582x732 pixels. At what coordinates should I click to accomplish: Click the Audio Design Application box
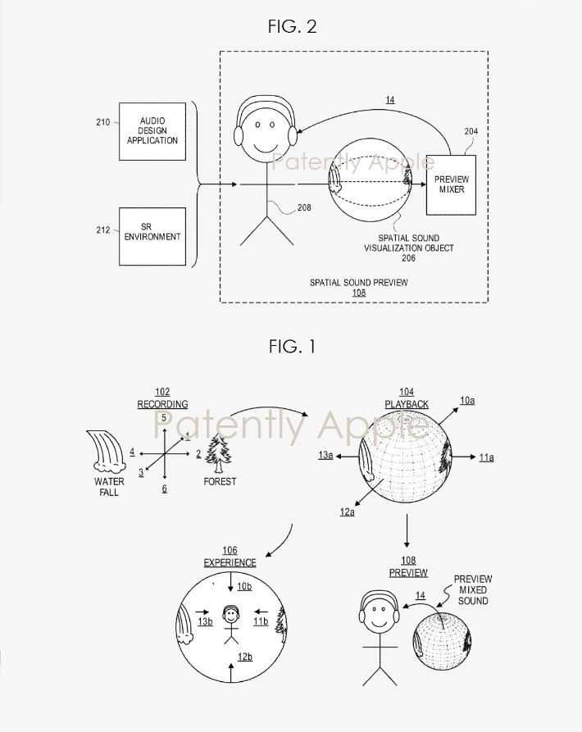pyautogui.click(x=152, y=131)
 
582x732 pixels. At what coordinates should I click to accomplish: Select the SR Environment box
pyautogui.click(x=152, y=236)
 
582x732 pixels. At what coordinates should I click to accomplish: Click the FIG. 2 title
pyautogui.click(x=292, y=27)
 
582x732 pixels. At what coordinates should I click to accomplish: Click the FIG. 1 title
pyautogui.click(x=292, y=347)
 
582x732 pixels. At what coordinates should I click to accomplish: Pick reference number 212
pyautogui.click(x=102, y=230)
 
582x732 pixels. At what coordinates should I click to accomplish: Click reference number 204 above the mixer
pyautogui.click(x=471, y=131)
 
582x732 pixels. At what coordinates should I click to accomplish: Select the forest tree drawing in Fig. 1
pyautogui.click(x=220, y=453)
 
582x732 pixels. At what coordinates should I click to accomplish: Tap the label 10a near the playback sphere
pyautogui.click(x=466, y=401)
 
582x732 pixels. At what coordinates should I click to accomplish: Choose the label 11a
pyautogui.click(x=486, y=457)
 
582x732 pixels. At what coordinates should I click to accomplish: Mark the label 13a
pyautogui.click(x=326, y=454)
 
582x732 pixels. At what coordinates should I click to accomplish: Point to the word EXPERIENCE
pyautogui.click(x=230, y=563)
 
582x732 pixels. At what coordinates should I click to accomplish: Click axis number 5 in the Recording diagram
pyautogui.click(x=165, y=418)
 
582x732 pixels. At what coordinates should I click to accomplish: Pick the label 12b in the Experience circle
pyautogui.click(x=245, y=657)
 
